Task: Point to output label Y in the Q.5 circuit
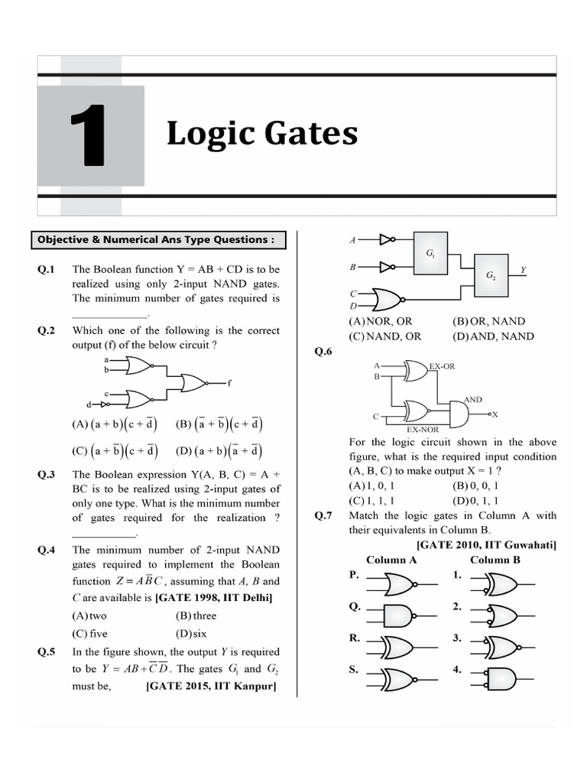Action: (x=523, y=270)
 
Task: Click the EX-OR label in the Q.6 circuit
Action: (x=442, y=366)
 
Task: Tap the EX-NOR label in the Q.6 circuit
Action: (x=422, y=430)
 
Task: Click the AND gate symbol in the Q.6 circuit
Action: (x=459, y=414)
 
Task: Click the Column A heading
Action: (x=391, y=560)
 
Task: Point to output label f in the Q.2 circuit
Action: (x=229, y=382)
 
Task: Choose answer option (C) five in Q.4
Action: (x=89, y=633)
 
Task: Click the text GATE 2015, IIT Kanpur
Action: (x=211, y=686)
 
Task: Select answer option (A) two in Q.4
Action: (x=89, y=616)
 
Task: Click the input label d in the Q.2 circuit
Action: (x=89, y=404)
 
